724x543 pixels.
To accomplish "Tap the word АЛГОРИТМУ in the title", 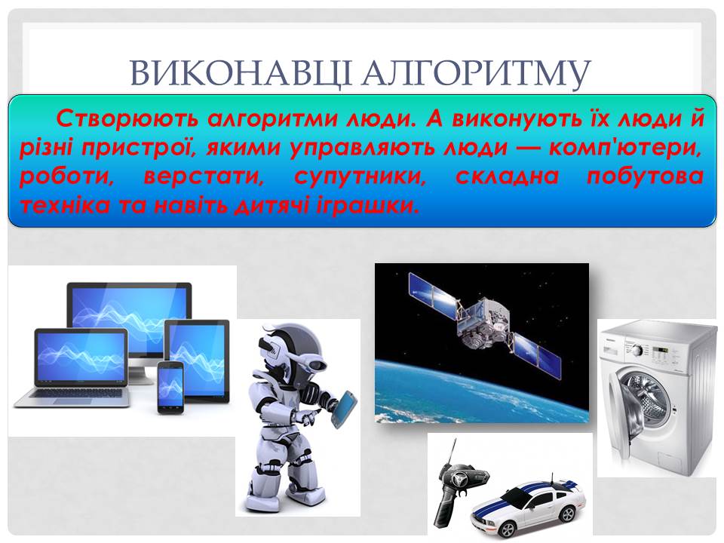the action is tap(476, 73).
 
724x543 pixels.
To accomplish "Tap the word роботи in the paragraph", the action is tap(66, 177).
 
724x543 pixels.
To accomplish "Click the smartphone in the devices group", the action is tap(170, 387).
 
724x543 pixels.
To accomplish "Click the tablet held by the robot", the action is tap(345, 406).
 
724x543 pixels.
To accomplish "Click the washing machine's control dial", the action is tap(638, 351).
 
